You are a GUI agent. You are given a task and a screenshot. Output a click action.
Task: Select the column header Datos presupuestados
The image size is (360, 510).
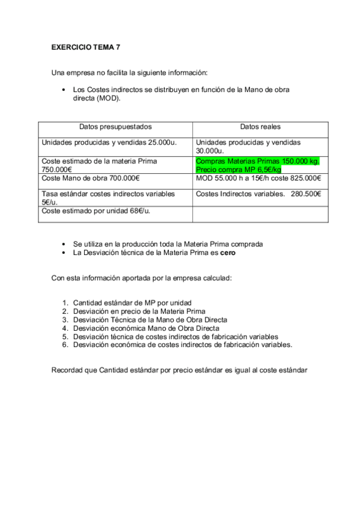115,127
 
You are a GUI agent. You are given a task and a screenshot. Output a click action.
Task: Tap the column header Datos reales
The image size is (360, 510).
260,127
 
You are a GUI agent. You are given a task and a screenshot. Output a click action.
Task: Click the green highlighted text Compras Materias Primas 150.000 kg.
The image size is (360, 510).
258,161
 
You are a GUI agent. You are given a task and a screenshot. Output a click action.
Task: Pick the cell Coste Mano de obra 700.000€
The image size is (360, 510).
91,178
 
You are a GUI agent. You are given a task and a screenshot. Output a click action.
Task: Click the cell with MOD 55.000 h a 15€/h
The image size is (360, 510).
258,178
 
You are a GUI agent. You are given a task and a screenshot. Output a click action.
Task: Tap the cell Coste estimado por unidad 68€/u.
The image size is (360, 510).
96,210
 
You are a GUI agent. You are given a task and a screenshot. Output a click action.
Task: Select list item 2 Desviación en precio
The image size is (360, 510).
139,311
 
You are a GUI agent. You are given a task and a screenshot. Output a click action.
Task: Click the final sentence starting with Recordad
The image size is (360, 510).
180,370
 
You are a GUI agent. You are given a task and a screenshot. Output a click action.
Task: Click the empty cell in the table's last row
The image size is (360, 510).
260,214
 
